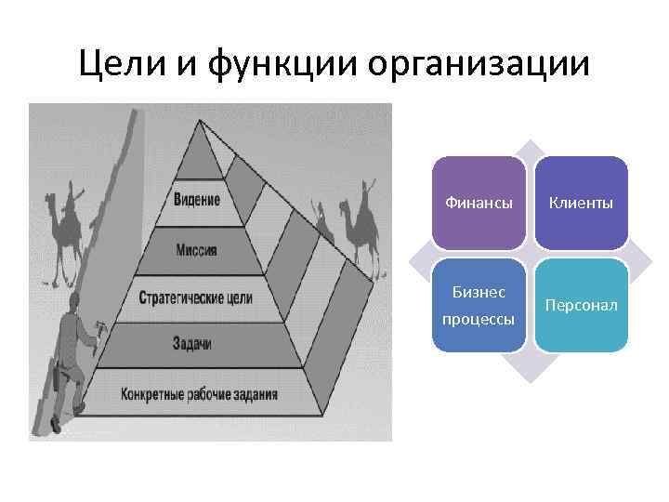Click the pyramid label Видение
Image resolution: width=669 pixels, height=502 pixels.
click(x=197, y=200)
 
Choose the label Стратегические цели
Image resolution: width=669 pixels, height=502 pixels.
click(x=195, y=299)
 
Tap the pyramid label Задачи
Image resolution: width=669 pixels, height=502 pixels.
click(x=192, y=343)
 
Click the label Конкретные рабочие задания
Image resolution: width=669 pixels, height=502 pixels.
click(x=199, y=393)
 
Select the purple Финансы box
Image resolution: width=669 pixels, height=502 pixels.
click(x=479, y=203)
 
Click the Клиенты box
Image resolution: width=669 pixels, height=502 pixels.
click(x=581, y=203)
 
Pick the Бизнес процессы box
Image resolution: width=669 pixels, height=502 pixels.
click(x=479, y=305)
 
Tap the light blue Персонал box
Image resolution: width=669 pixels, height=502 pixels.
click(x=581, y=305)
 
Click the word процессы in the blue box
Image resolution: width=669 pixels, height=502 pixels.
click(x=479, y=319)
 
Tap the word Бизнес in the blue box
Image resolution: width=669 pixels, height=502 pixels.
click(x=479, y=292)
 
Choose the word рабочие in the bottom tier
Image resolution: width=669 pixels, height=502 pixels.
click(x=205, y=393)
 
